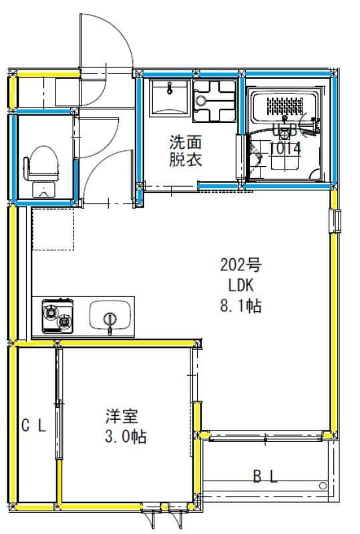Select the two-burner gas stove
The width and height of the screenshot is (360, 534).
pos(57,316)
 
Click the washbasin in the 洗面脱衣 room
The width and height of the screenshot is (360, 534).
pos(170,98)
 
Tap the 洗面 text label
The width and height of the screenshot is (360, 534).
pos(185,142)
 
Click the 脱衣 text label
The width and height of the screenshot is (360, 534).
pos(185,160)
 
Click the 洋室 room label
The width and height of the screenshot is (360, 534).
pos(122,417)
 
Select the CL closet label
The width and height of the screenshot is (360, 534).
pos(33,426)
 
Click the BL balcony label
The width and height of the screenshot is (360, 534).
pos(265,476)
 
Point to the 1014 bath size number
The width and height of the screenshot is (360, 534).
pos(285,149)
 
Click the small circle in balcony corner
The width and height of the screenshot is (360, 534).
pos(323,485)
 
